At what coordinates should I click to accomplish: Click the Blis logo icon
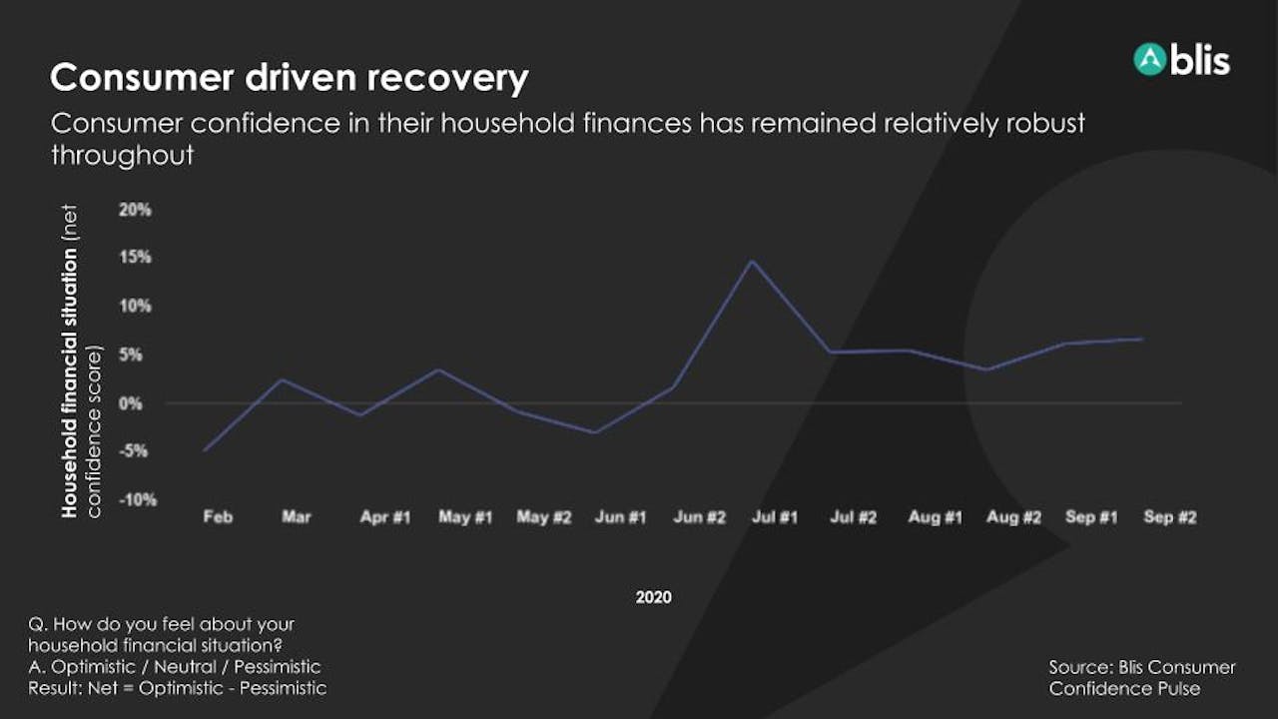[x=1149, y=60]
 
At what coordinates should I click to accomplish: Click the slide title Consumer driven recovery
[x=290, y=78]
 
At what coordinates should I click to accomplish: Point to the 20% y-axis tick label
[x=135, y=210]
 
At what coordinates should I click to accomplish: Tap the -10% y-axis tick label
[x=138, y=500]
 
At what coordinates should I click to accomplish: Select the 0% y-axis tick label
[x=131, y=404]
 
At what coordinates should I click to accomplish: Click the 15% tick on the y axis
[x=135, y=258]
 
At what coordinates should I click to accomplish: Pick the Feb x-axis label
[x=218, y=517]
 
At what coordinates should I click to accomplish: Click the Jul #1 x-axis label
[x=775, y=517]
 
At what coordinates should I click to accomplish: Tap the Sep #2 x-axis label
[x=1170, y=517]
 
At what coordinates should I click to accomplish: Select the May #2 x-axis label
[x=544, y=517]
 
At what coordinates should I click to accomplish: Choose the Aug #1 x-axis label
[x=936, y=517]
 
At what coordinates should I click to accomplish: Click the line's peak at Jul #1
[x=753, y=262]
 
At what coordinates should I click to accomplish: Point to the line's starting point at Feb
[x=205, y=450]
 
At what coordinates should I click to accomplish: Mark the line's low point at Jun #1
[x=596, y=432]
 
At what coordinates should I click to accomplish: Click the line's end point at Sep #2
[x=1142, y=339]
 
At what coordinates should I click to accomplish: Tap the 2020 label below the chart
[x=654, y=597]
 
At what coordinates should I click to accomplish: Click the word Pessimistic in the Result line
[x=283, y=688]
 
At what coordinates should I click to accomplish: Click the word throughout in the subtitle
[x=123, y=155]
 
